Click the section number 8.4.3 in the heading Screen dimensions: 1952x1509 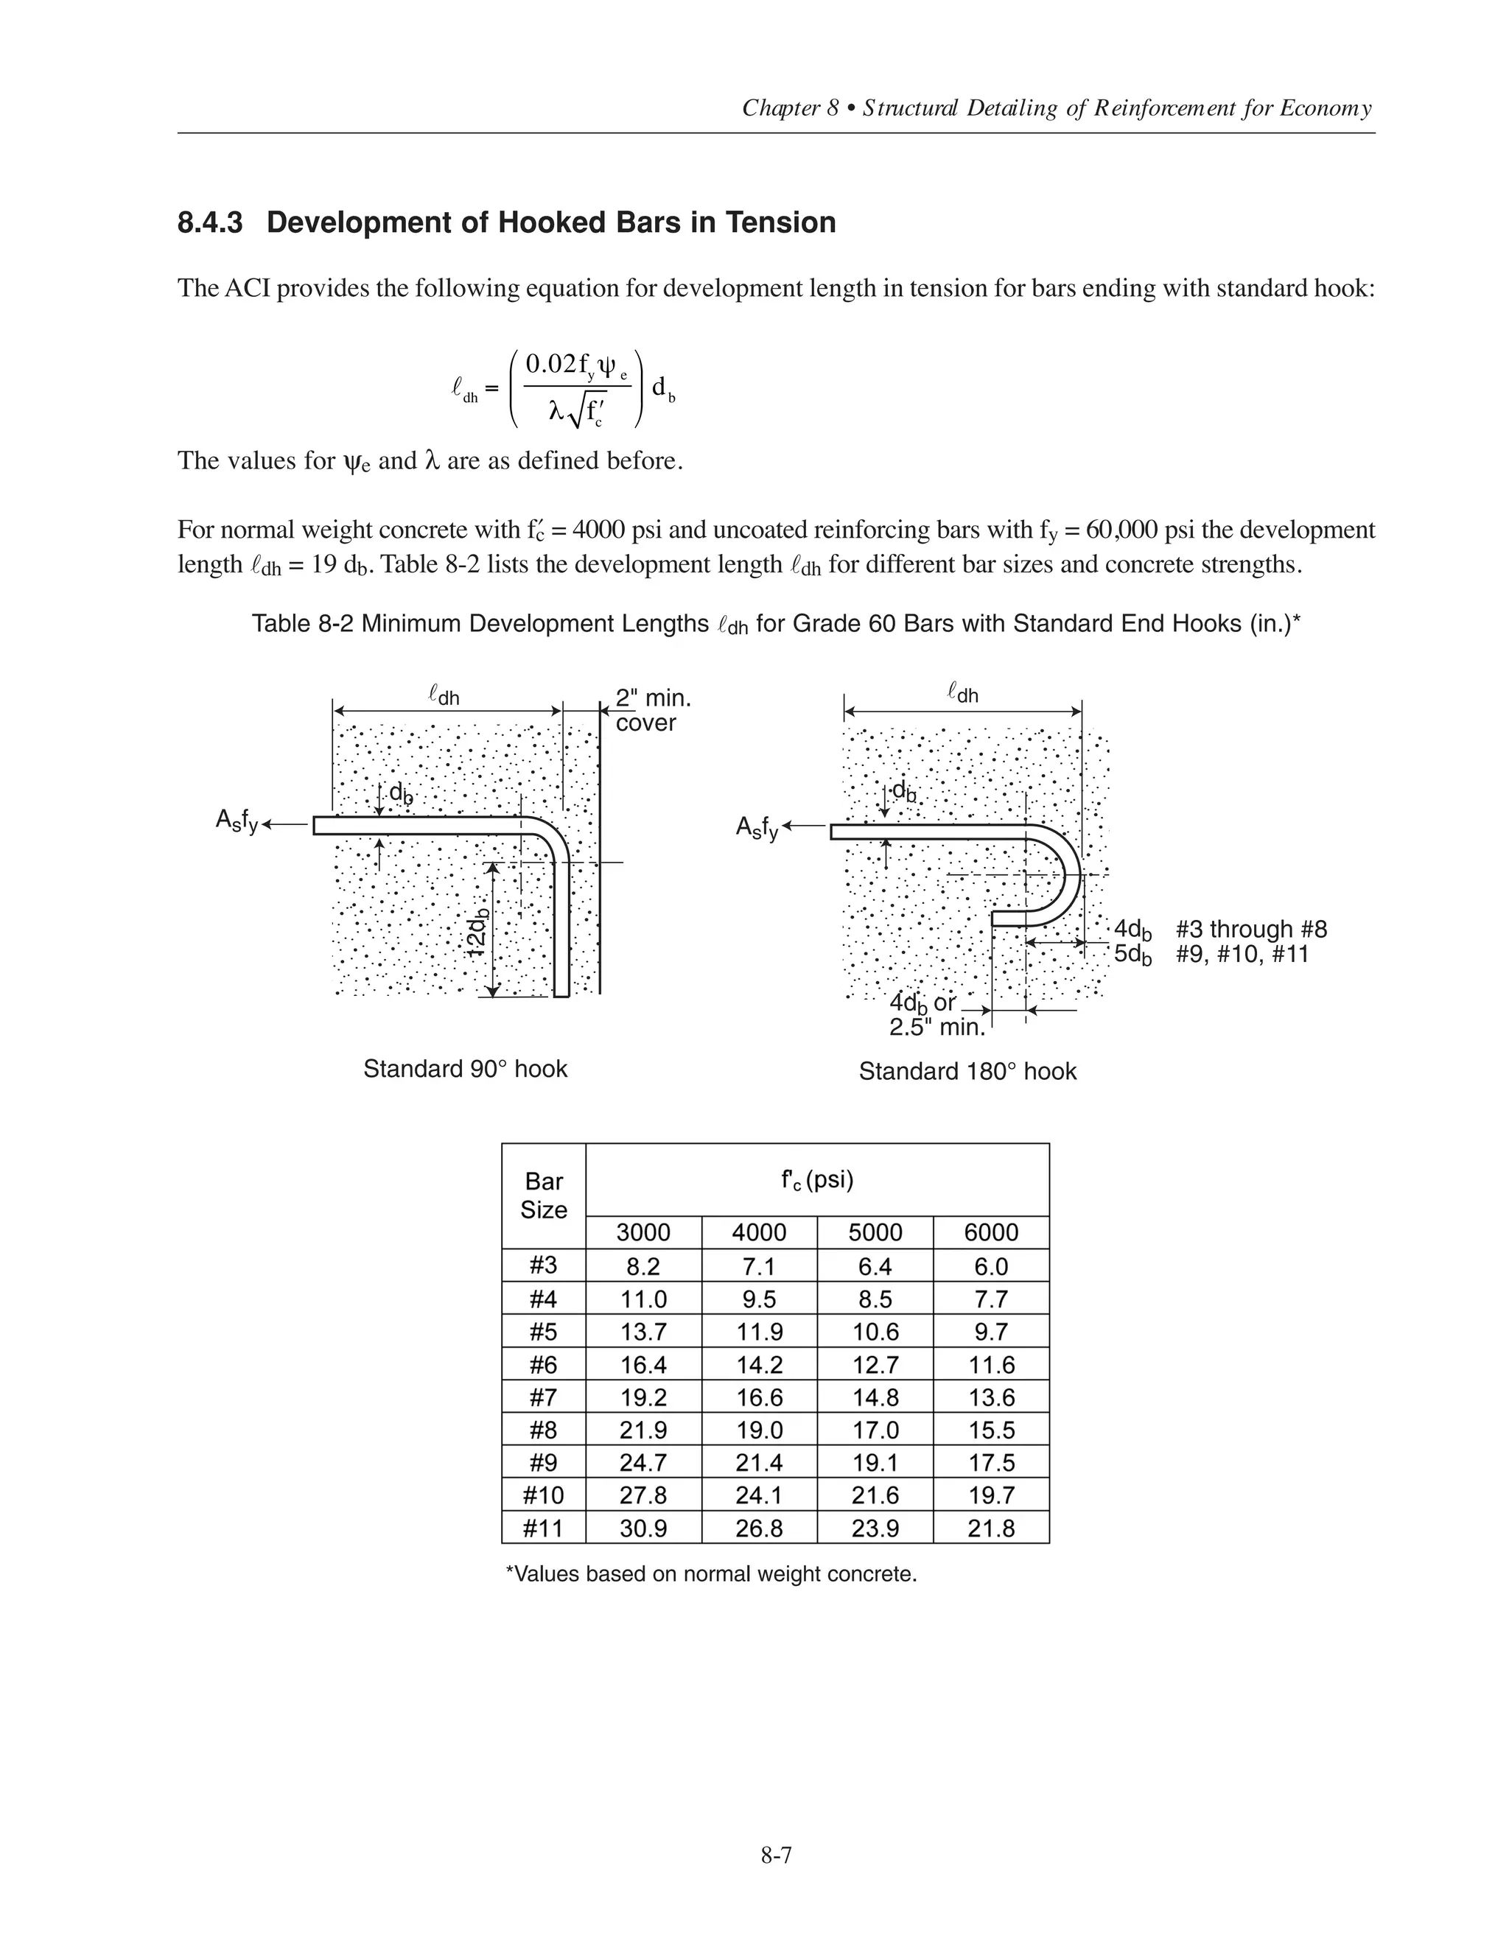click(x=209, y=222)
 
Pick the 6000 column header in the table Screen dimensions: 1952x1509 click(x=990, y=1232)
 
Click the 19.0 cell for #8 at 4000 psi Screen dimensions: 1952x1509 click(x=759, y=1430)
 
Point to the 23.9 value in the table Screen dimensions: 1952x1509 click(x=875, y=1528)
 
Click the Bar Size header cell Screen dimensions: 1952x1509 click(x=544, y=1196)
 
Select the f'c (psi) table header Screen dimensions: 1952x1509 click(x=817, y=1180)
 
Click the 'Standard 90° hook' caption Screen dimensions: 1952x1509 click(x=465, y=1069)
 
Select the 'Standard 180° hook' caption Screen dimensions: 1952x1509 click(x=967, y=1072)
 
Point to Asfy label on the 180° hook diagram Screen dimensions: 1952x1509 click(x=756, y=828)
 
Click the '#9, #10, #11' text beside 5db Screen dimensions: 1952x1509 click(x=1242, y=955)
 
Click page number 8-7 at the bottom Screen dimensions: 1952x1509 click(x=776, y=1856)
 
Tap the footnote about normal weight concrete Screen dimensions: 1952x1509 click(x=712, y=1575)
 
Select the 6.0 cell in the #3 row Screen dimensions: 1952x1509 click(x=990, y=1266)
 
